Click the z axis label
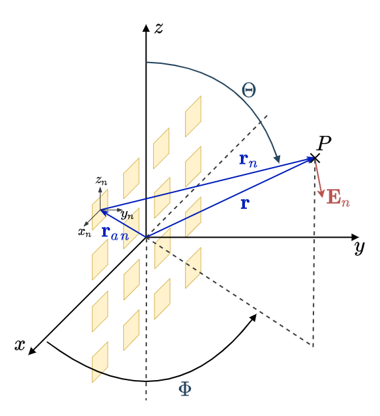158,28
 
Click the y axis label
359,248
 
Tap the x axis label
20,345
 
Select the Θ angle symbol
249,90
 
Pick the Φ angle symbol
185,389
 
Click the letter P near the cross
324,143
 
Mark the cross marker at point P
315,158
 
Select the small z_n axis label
101,180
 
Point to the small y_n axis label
126,214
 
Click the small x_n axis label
84,232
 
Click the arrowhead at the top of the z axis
146,27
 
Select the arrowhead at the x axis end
31,351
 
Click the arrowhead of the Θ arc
278,158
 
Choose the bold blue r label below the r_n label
245,204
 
